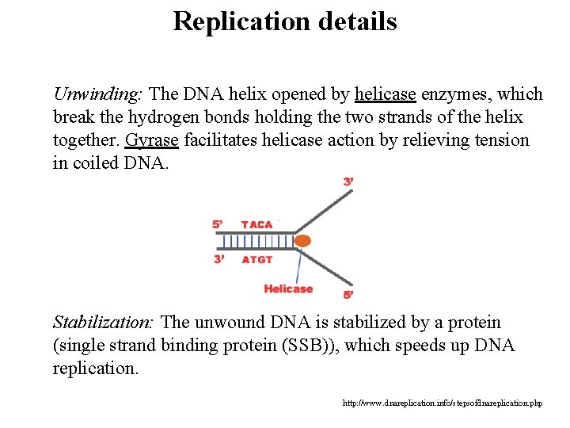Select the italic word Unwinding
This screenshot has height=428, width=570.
pos(97,94)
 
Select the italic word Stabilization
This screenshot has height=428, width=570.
pos(104,323)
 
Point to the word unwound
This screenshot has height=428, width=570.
pos(227,323)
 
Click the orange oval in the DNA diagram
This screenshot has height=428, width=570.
pos(302,239)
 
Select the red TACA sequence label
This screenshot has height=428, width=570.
pos(256,224)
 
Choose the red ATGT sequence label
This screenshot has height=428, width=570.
pos(256,259)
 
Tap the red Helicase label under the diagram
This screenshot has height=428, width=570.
pos(288,289)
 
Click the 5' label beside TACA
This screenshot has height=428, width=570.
pos(217,224)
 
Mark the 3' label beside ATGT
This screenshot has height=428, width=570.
pos(220,259)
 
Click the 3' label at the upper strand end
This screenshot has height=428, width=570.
pos(348,182)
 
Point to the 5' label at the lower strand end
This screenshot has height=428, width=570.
pos(348,295)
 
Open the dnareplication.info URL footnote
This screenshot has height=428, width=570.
pos(443,403)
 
